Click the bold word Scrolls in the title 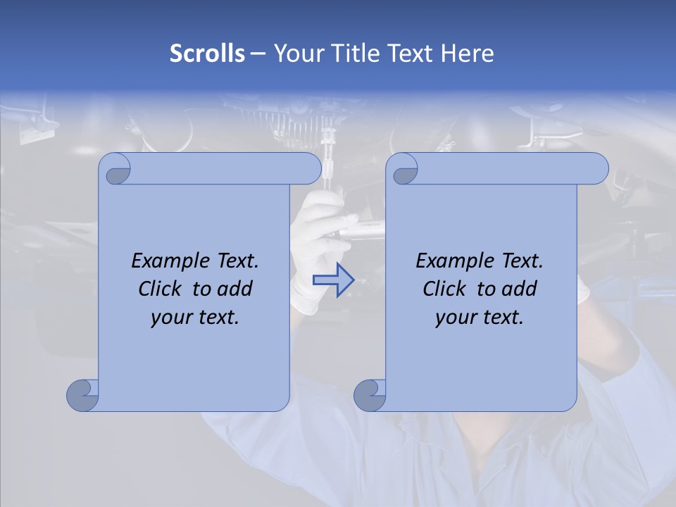point(207,54)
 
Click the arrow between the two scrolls point(333,280)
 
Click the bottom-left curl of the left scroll point(82,395)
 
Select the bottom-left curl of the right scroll point(370,395)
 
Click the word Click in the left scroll point(162,289)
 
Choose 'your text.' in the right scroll point(480,317)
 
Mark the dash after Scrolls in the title point(258,54)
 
